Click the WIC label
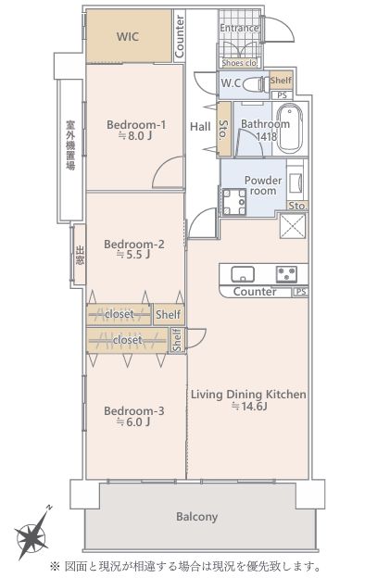tap(128, 37)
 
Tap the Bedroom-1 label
tap(136, 125)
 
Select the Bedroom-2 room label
tap(134, 244)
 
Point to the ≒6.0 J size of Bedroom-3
tap(133, 422)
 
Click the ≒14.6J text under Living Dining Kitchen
tap(249, 407)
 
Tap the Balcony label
tap(196, 517)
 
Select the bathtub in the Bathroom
tap(289, 129)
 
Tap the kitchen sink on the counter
tap(242, 274)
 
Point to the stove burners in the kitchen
tap(286, 274)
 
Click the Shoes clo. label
tap(239, 63)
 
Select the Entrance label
tap(239, 28)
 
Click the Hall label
tap(200, 127)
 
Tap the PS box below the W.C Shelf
tap(282, 95)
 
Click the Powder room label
tap(263, 185)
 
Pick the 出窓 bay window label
tap(80, 255)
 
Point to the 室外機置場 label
tap(70, 144)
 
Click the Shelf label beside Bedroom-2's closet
tap(168, 314)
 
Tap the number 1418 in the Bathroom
tap(267, 137)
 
